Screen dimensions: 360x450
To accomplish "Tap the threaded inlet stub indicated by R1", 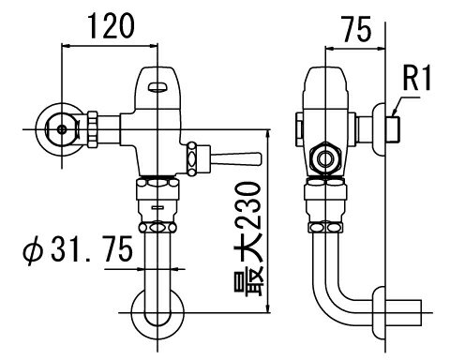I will click(x=396, y=123).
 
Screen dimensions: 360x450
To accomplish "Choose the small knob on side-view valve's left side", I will click(x=298, y=124).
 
